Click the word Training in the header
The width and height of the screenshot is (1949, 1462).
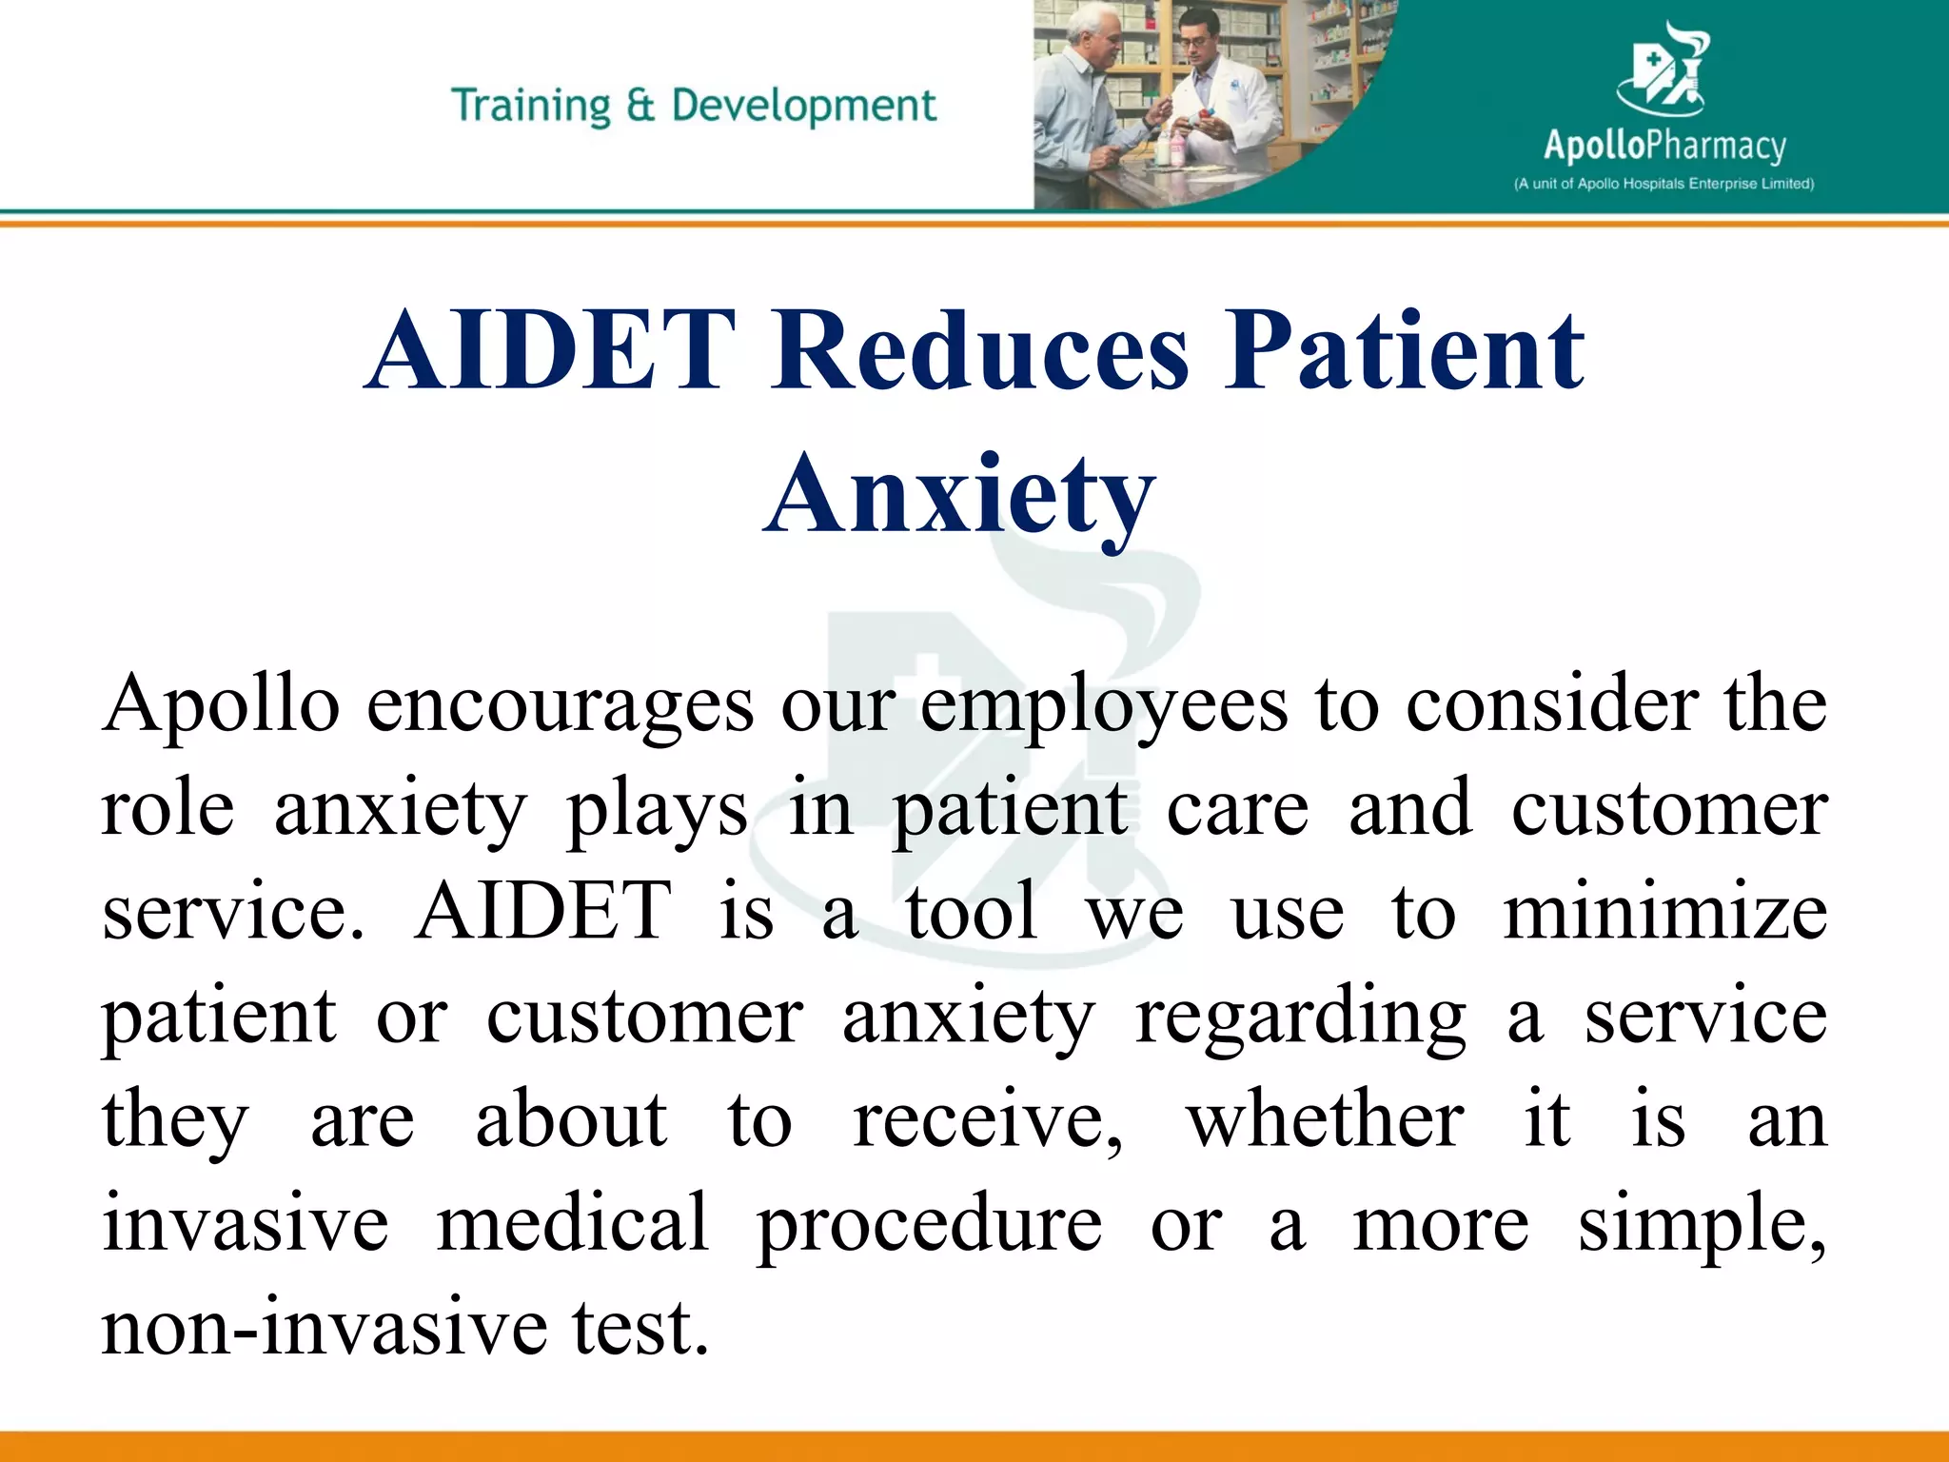coord(530,106)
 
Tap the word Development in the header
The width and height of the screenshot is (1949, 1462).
coord(804,106)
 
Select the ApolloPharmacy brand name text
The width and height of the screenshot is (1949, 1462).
coord(1664,146)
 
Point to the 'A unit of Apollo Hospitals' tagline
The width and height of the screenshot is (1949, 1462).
coord(1664,184)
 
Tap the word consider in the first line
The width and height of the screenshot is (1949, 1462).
coord(1551,705)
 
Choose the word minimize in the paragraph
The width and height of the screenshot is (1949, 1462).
coord(1664,911)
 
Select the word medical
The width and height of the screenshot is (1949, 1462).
coord(573,1223)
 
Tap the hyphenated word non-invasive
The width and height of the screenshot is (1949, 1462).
coord(325,1327)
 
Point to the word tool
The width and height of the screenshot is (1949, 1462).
coord(972,911)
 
